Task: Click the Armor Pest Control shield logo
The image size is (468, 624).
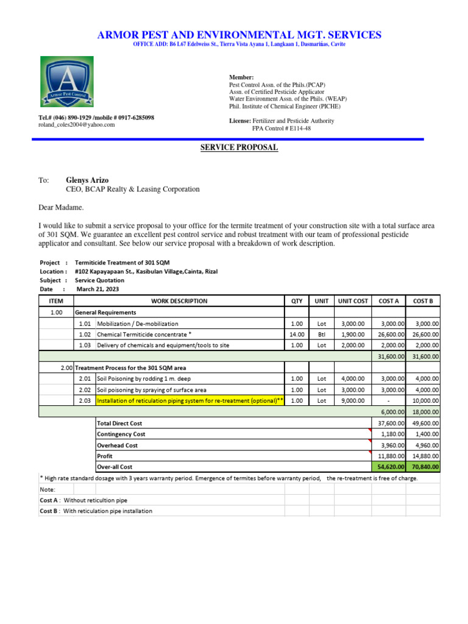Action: click(67, 82)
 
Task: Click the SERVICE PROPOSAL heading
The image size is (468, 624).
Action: click(239, 147)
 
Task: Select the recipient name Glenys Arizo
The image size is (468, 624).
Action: click(87, 180)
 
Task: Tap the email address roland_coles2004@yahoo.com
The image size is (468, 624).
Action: click(76, 125)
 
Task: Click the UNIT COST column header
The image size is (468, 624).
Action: click(353, 301)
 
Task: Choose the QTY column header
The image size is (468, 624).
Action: click(296, 301)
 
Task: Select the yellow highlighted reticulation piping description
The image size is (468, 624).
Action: click(190, 400)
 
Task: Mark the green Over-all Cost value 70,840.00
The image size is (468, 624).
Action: click(425, 467)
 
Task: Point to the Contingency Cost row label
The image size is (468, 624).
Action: click(121, 434)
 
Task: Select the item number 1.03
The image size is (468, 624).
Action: click(84, 345)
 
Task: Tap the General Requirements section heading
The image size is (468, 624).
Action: click(105, 312)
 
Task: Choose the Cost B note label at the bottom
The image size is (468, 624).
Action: click(49, 511)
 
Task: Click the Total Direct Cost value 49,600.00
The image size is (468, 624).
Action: click(425, 423)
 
